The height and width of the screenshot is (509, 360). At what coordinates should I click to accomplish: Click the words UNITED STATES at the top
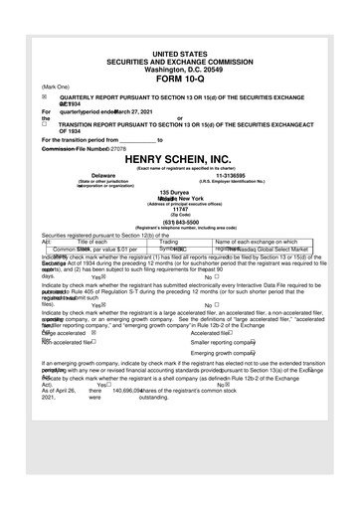pyautogui.click(x=180, y=51)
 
